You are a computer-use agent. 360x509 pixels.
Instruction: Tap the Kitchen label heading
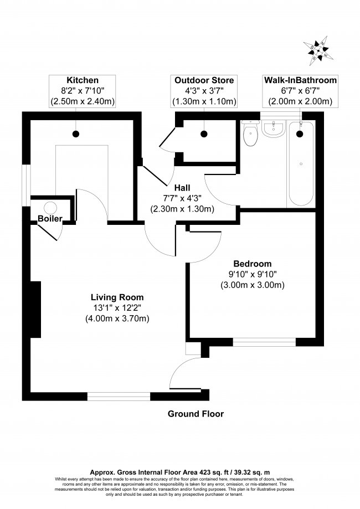83,80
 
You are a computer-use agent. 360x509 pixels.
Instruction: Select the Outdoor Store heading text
204,80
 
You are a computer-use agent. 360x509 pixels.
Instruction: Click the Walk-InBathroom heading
300,80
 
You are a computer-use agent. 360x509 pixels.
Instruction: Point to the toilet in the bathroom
250,132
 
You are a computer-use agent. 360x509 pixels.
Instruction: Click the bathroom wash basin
274,128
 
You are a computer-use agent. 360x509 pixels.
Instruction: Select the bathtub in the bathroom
301,163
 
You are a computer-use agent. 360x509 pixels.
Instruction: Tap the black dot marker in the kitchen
76,133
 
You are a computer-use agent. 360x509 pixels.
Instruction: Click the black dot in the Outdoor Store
204,133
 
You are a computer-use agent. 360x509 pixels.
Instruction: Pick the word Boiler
50,218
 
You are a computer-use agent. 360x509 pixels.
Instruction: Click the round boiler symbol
50,208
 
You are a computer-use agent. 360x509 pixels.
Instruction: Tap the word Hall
182,188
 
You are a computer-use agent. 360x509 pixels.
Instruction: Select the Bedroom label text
253,264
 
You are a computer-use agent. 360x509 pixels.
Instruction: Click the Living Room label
117,297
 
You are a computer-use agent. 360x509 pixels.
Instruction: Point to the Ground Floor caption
196,414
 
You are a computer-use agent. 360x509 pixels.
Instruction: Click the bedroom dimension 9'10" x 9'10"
253,274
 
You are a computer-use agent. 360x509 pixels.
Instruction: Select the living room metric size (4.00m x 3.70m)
117,318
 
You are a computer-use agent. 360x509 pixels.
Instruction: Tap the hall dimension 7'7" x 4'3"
182,198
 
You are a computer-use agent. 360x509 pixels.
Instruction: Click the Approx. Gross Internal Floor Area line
180,472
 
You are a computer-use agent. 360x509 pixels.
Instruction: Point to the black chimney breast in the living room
35,310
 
